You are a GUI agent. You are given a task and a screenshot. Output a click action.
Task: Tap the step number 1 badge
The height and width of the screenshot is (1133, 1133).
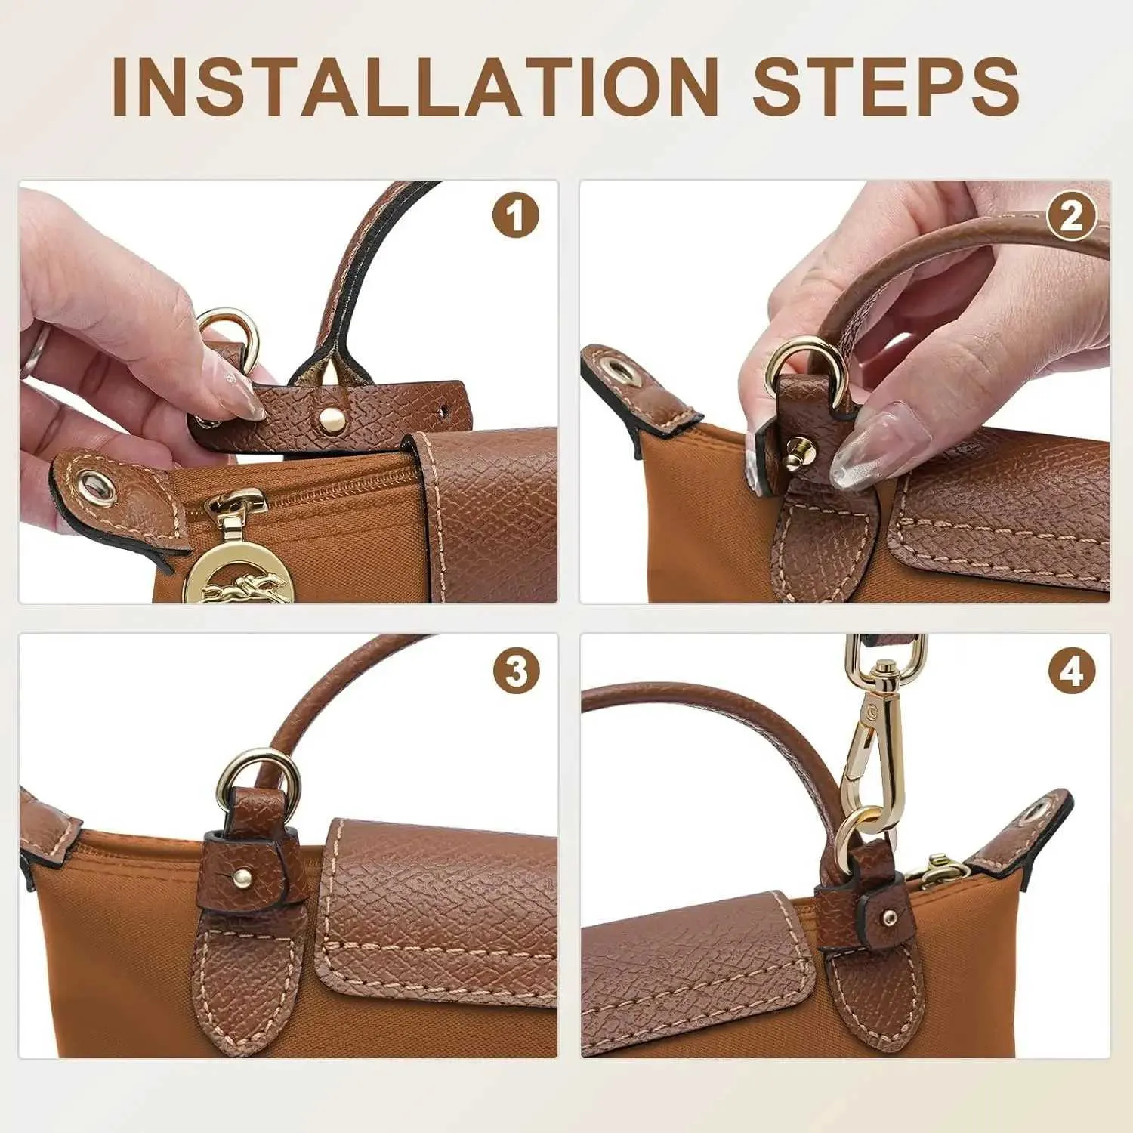click(516, 216)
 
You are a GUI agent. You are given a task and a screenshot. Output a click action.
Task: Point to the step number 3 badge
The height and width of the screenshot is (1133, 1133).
click(516, 669)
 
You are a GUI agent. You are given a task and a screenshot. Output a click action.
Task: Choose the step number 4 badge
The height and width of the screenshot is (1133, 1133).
click(1072, 671)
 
